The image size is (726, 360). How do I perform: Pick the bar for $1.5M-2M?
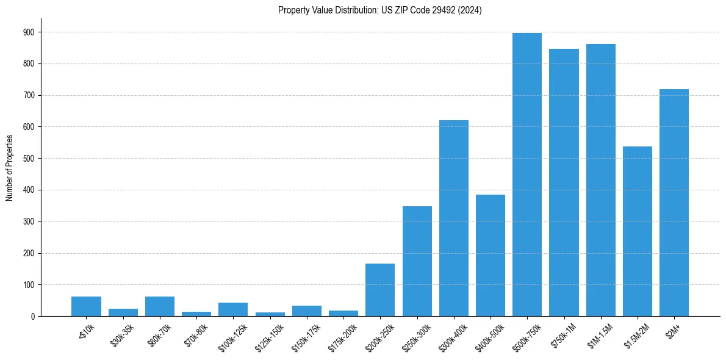(638, 231)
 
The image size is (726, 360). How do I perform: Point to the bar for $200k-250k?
(380, 290)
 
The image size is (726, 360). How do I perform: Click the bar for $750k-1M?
(564, 182)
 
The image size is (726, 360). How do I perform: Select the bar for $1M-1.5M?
(601, 180)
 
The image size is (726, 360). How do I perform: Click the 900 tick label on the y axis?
(29, 32)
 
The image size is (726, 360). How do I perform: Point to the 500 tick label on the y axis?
(29, 159)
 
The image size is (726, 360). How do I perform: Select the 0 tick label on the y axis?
(32, 317)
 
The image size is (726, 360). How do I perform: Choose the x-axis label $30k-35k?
(122, 336)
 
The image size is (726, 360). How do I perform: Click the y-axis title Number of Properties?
(9, 168)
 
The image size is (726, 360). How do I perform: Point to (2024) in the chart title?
(469, 10)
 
